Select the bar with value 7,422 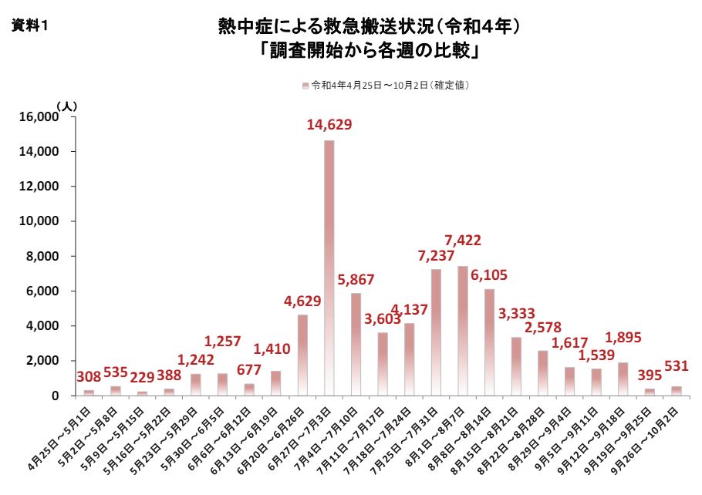click(463, 331)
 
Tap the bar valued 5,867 click(356, 344)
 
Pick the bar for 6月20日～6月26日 click(302, 355)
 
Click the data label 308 click(89, 378)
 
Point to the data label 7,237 click(437, 254)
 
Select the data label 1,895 click(623, 337)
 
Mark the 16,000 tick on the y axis click(37, 117)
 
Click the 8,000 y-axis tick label click(42, 257)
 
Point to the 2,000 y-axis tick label click(42, 361)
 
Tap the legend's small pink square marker click(305, 85)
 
